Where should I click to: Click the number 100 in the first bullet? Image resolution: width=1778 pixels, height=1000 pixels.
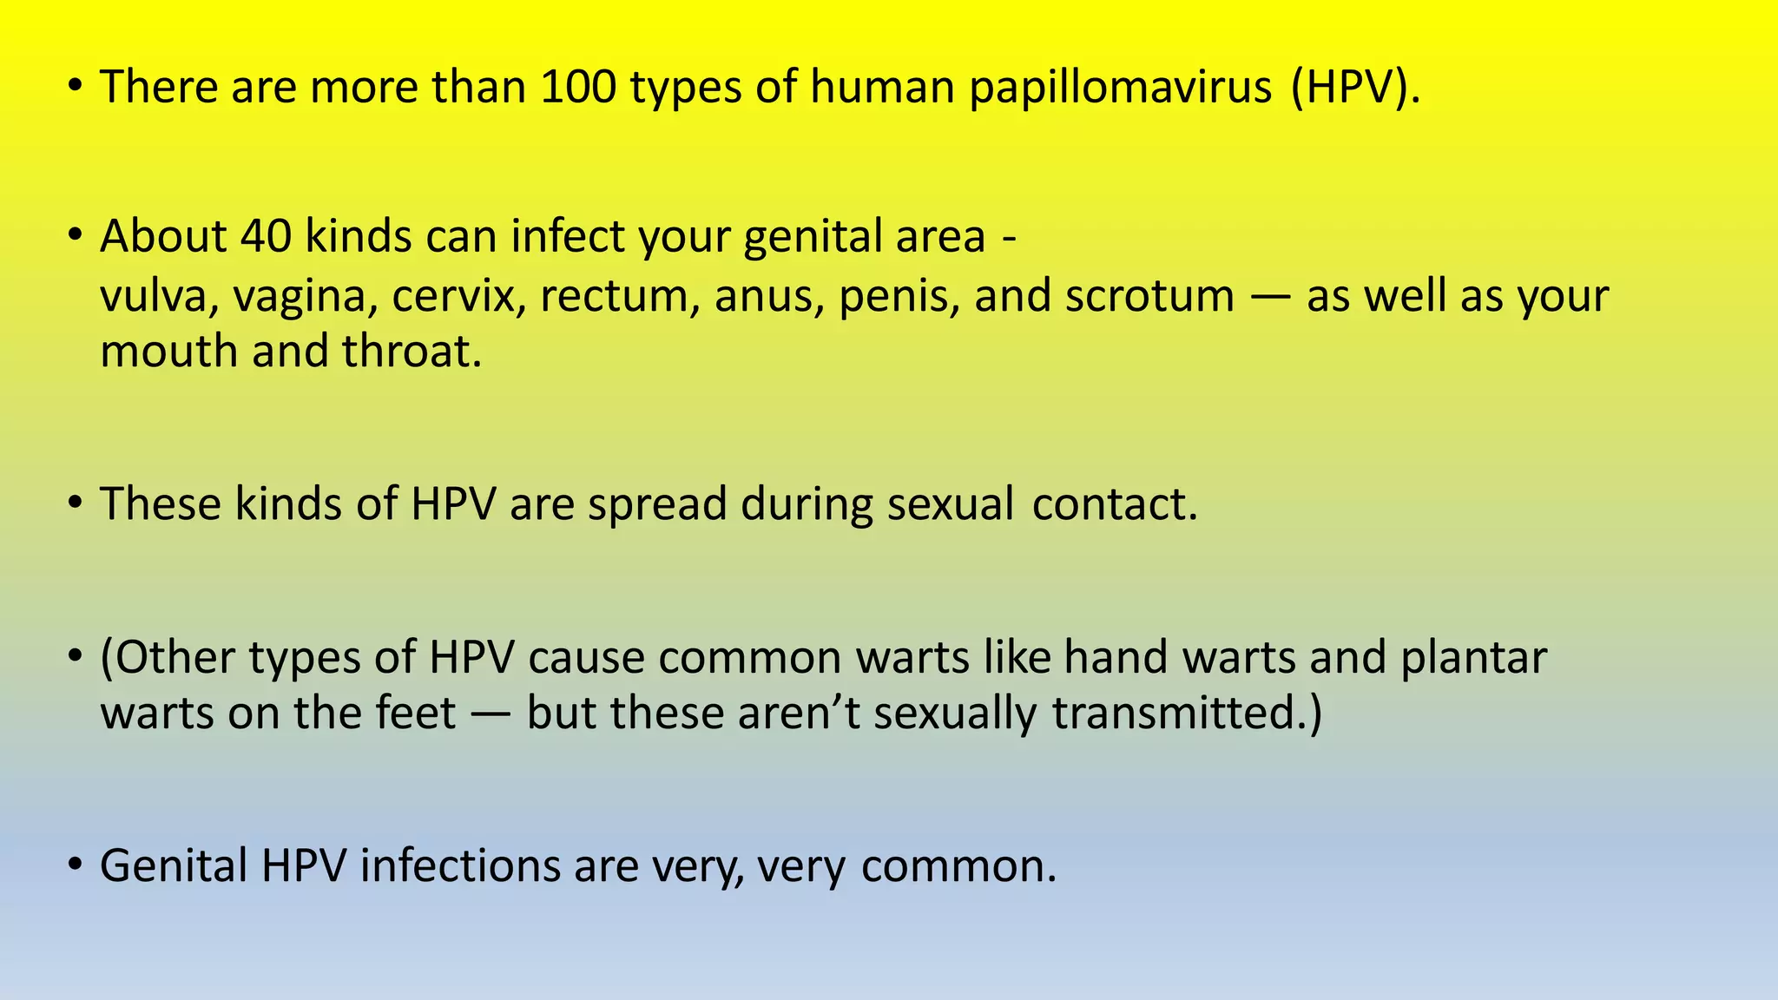(577, 87)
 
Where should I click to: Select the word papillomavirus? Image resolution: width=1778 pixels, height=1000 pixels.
(1121, 89)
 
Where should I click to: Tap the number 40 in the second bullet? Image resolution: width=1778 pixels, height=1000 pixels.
(266, 236)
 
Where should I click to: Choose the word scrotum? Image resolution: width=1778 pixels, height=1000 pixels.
(1149, 296)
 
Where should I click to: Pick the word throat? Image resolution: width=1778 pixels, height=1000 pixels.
(412, 352)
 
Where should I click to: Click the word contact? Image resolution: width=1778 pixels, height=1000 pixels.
(1115, 504)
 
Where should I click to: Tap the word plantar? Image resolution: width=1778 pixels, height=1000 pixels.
(1473, 658)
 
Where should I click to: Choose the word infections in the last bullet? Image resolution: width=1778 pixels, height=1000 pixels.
(460, 866)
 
